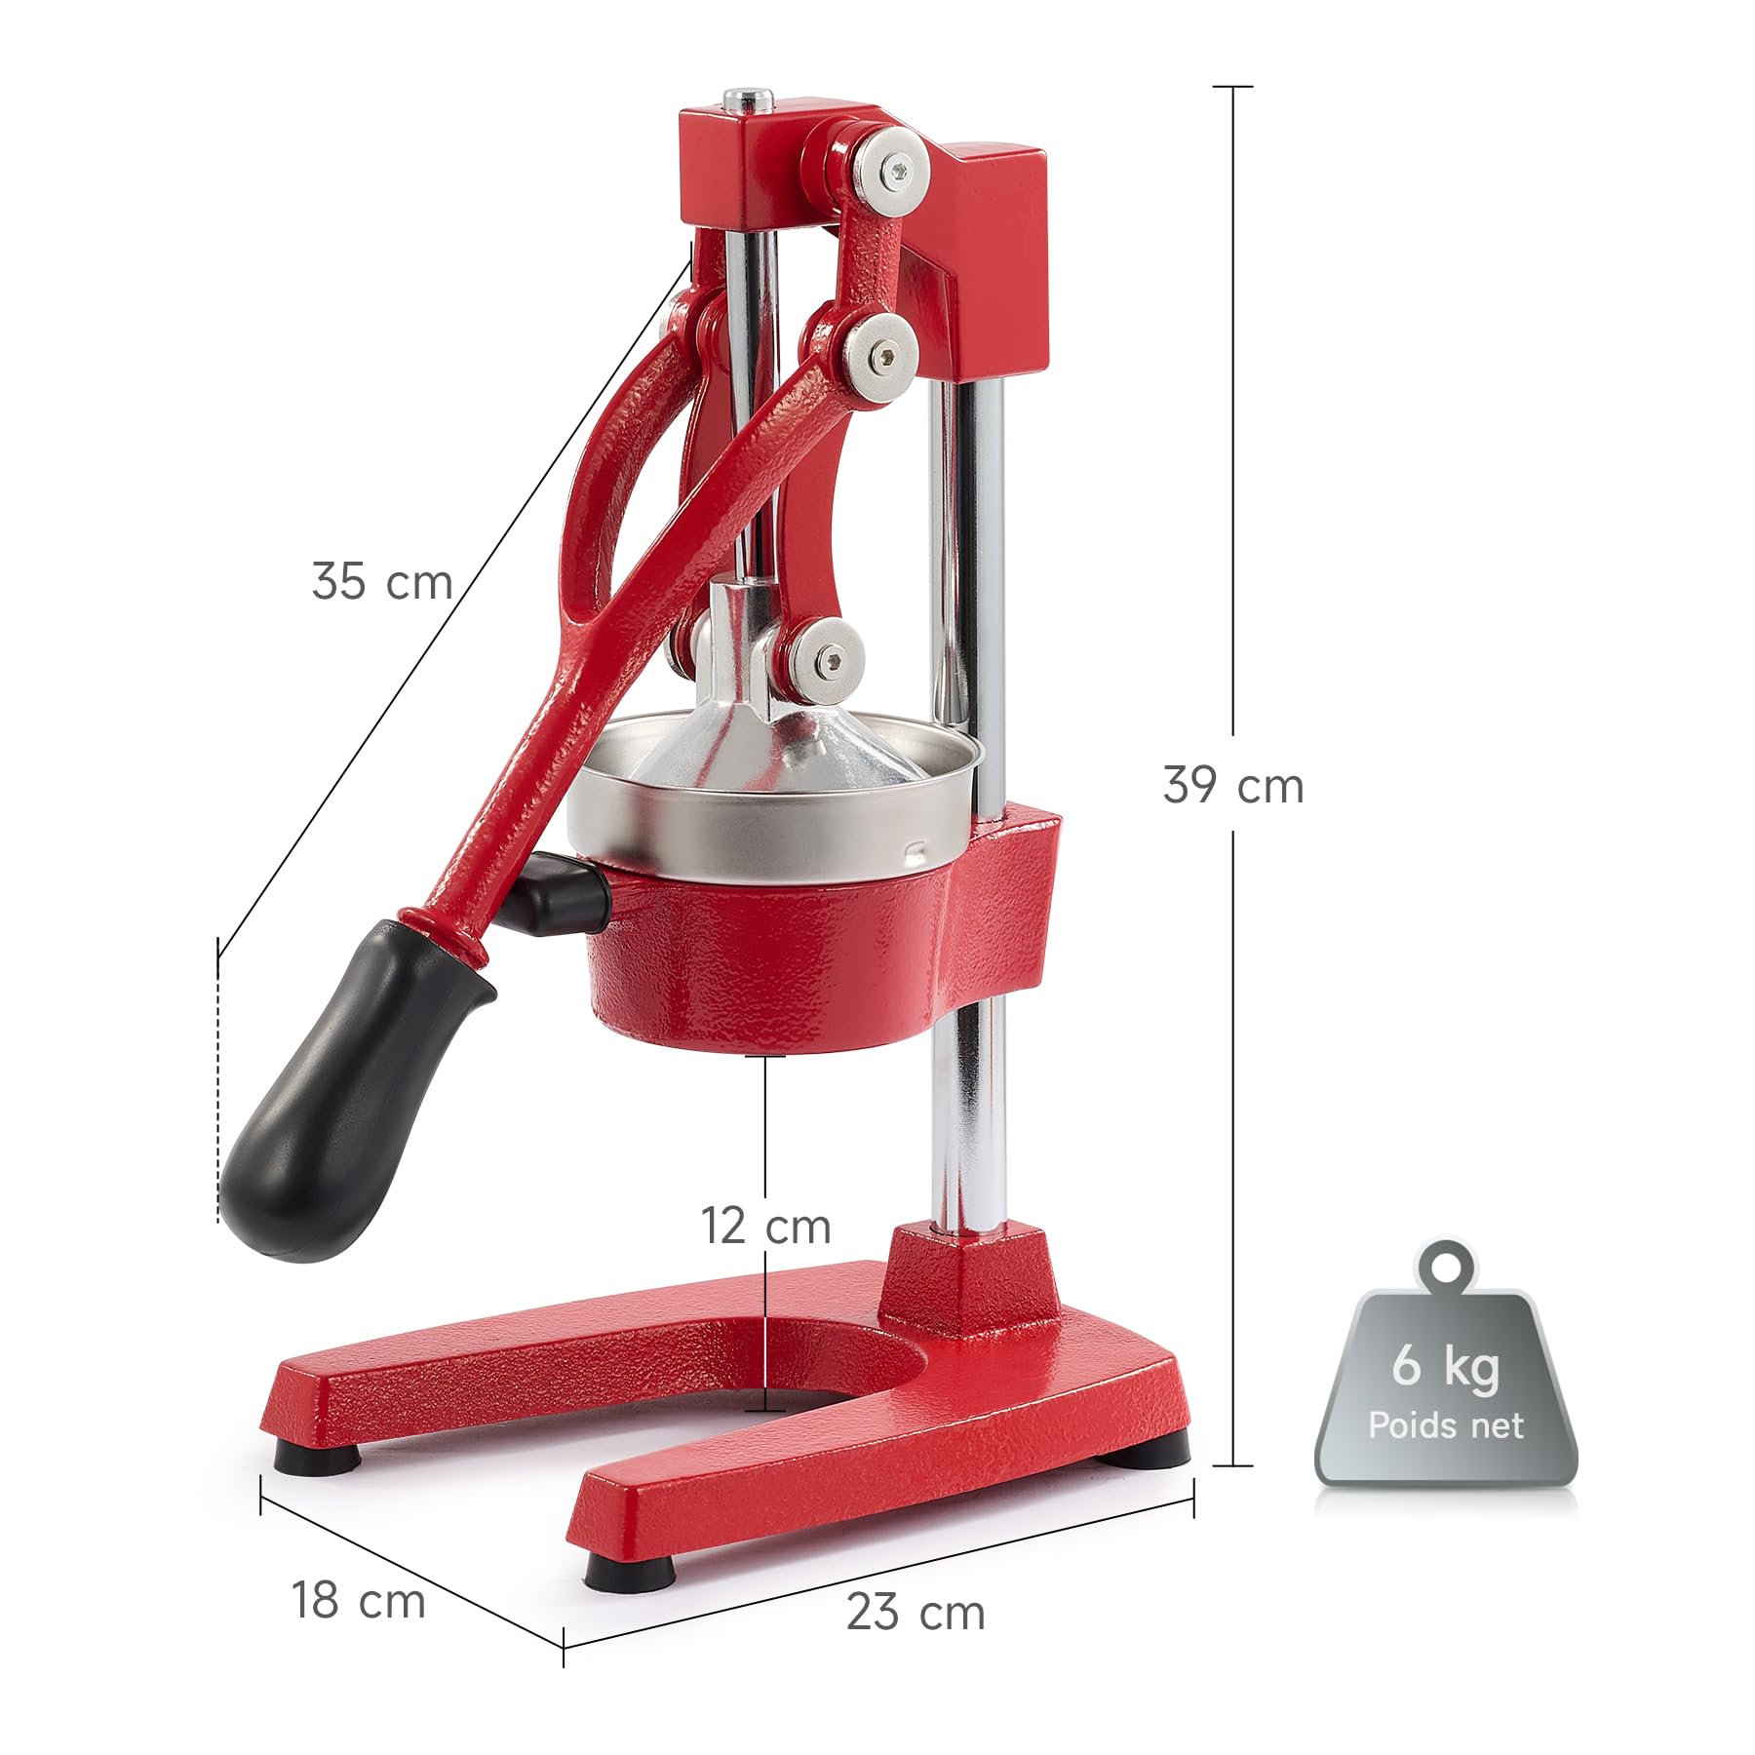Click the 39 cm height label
[x=1233, y=785]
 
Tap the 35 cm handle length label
[x=382, y=581]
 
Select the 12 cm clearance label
[x=766, y=1226]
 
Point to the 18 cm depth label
[x=359, y=1600]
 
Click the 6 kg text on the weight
[x=1445, y=1365]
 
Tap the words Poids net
[x=1445, y=1425]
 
